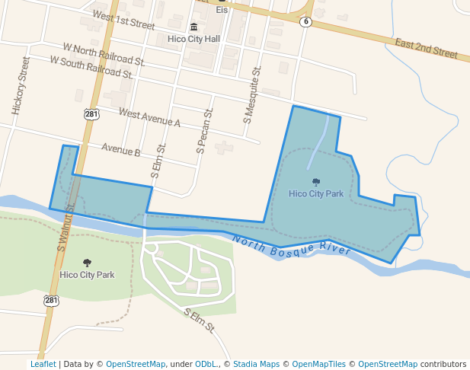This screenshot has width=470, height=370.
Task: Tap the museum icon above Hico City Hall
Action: [x=193, y=27]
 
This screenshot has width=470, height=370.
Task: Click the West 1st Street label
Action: [x=123, y=19]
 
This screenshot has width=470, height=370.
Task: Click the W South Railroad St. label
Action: [x=92, y=66]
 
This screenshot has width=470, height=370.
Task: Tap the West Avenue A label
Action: [x=149, y=117]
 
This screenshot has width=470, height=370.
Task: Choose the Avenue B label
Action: [x=120, y=151]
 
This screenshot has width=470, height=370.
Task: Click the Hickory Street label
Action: [x=21, y=85]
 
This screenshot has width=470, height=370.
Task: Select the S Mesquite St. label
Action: [x=252, y=94]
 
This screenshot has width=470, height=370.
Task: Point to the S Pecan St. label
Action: [x=205, y=129]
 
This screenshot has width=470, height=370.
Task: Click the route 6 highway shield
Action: [x=305, y=21]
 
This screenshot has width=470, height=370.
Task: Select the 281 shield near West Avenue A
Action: [x=91, y=114]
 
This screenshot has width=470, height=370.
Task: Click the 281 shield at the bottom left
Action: [x=50, y=301]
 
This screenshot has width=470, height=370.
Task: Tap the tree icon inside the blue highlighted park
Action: [x=316, y=182]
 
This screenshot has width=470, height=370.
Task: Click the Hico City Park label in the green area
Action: [x=87, y=274]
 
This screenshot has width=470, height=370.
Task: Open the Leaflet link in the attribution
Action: [x=43, y=364]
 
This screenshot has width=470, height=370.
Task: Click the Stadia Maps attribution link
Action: [x=260, y=364]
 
